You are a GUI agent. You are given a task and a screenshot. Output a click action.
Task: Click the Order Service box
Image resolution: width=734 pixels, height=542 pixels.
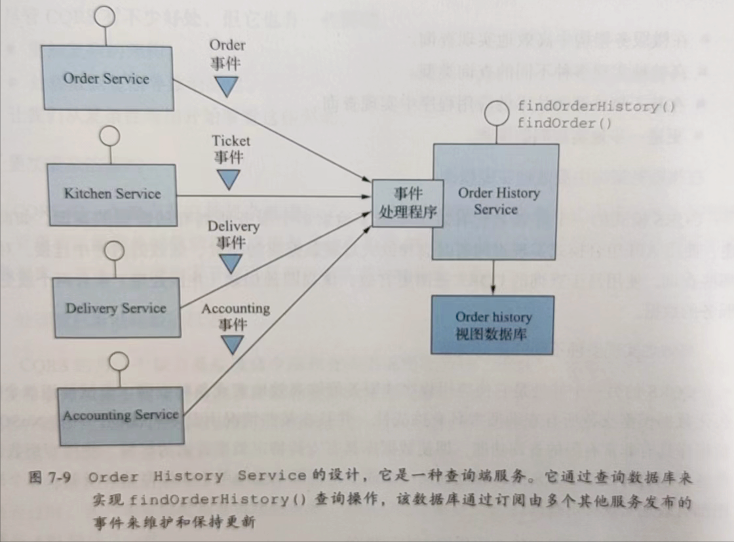pyautogui.click(x=106, y=79)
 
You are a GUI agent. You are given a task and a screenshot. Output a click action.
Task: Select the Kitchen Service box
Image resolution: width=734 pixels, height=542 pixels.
pyautogui.click(x=112, y=193)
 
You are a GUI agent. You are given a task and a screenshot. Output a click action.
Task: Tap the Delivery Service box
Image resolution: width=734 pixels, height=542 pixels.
pyautogui.click(x=115, y=308)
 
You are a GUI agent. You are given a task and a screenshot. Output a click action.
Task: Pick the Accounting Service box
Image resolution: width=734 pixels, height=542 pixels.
pyautogui.click(x=120, y=415)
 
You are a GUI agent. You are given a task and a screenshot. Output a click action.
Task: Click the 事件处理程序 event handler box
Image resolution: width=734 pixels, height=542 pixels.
pyautogui.click(x=407, y=203)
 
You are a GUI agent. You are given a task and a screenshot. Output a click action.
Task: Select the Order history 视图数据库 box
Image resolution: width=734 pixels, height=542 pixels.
pyautogui.click(x=493, y=325)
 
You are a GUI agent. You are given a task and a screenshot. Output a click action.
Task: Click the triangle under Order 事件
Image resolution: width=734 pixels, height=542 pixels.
pyautogui.click(x=227, y=86)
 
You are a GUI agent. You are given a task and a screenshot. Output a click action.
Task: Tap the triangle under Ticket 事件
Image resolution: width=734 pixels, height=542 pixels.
pyautogui.click(x=229, y=178)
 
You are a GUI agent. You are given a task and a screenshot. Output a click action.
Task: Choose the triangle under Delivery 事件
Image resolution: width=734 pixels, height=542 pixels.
pyautogui.click(x=230, y=263)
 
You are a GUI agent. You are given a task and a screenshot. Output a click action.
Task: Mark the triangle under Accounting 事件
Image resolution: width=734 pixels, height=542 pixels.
pyautogui.click(x=232, y=344)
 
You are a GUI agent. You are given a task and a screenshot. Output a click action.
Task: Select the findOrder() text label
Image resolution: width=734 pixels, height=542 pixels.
pyautogui.click(x=564, y=123)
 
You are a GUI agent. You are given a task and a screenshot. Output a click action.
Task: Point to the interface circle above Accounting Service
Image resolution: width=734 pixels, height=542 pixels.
pyautogui.click(x=118, y=360)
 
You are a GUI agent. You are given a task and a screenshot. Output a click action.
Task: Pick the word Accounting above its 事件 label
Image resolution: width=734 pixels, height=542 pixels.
pyautogui.click(x=236, y=308)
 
